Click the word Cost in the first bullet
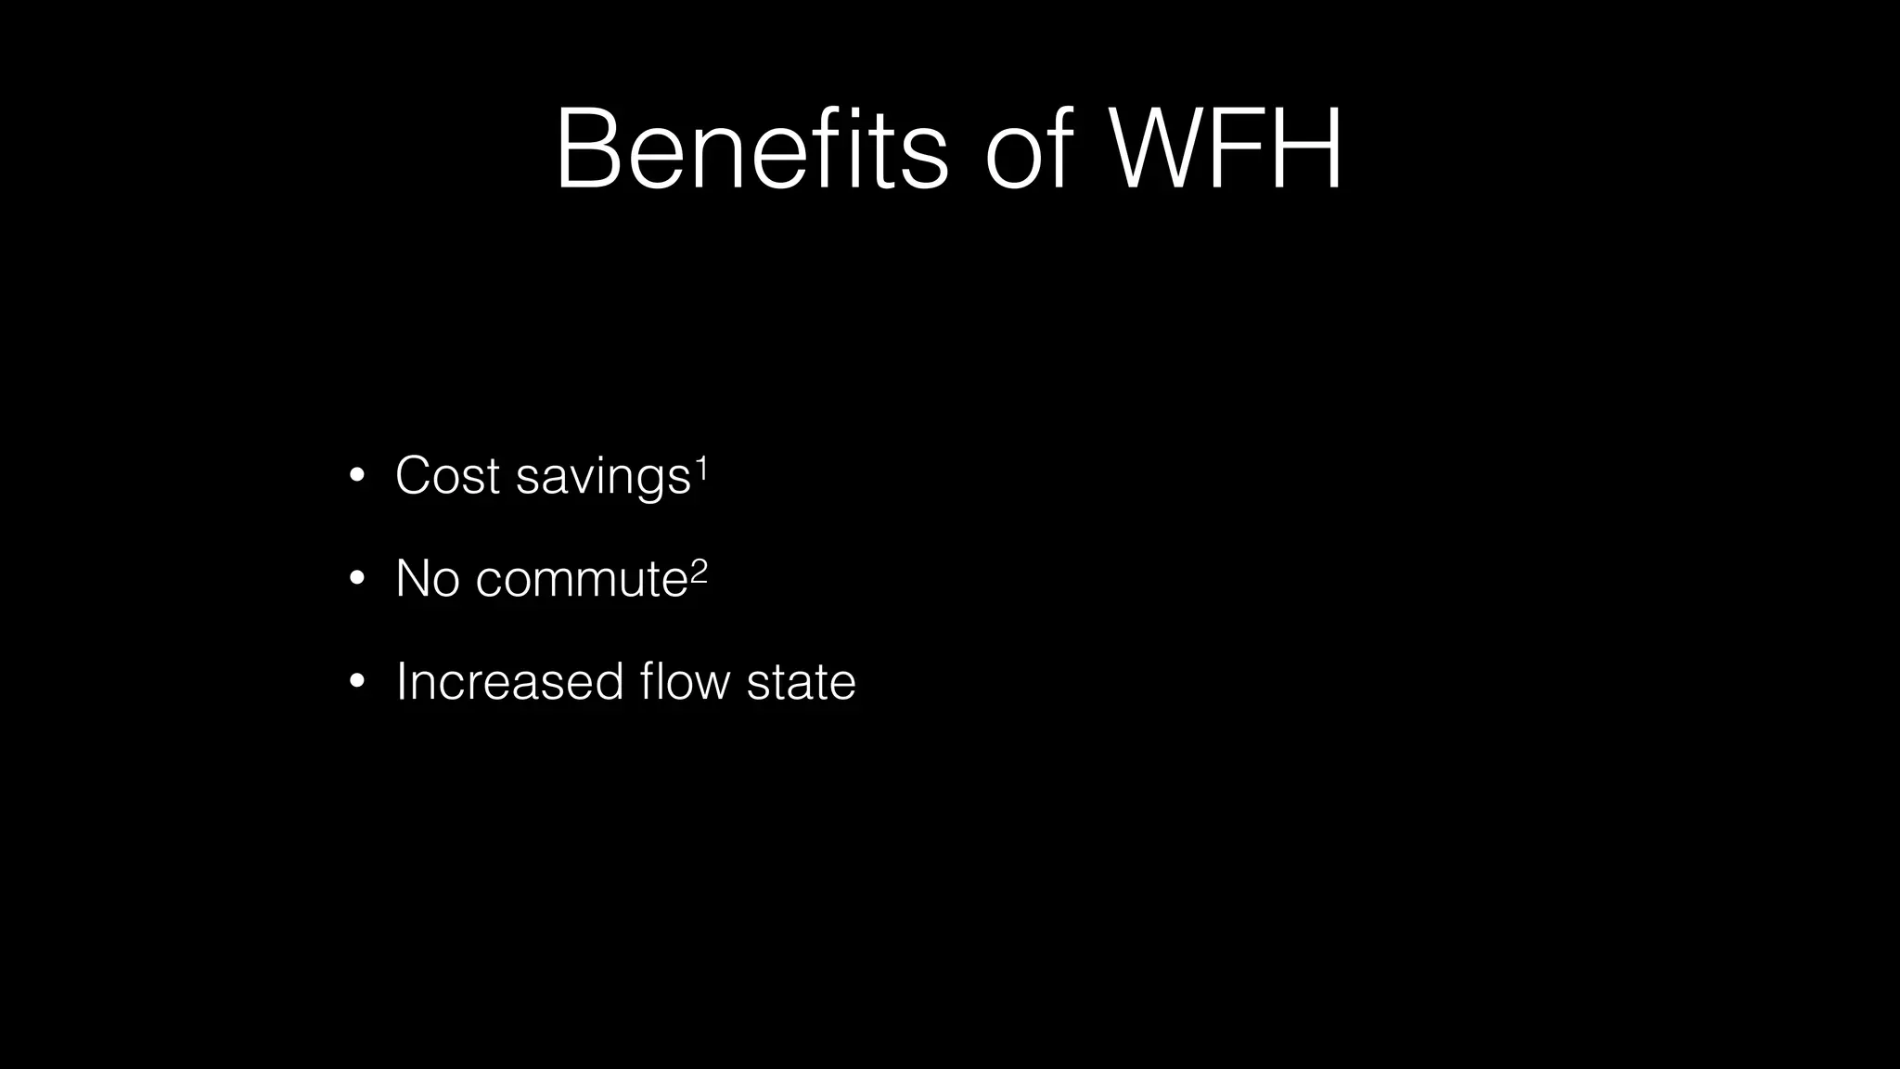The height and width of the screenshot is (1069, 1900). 447,475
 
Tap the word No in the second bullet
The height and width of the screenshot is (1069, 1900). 427,578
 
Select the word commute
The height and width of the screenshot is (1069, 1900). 582,579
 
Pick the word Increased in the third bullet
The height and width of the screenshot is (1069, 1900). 509,681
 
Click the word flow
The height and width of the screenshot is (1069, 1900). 685,681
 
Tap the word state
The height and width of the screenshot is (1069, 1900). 801,681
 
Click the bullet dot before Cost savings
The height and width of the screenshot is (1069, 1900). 357,477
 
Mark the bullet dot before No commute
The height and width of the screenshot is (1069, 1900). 357,580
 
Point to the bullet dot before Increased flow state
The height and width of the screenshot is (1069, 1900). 357,683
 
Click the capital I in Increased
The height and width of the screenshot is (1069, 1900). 401,681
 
